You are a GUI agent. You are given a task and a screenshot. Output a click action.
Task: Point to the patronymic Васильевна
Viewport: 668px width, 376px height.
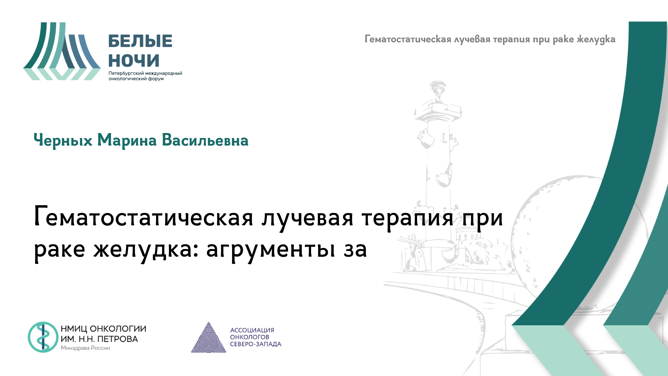[205, 140]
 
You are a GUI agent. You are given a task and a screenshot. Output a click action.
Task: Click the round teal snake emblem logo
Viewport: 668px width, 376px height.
[43, 337]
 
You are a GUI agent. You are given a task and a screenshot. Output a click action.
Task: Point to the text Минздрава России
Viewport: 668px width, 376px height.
[85, 348]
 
